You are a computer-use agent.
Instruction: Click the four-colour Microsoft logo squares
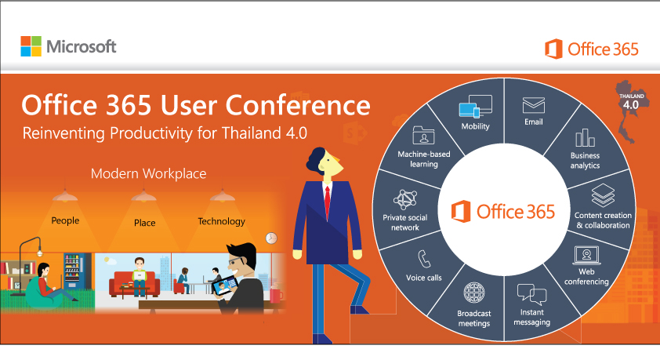[31, 46]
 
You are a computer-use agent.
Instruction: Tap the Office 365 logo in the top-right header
[592, 49]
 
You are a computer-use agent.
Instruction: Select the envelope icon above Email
[534, 104]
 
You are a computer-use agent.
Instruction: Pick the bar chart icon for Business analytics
[585, 138]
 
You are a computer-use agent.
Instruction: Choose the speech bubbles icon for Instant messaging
[531, 296]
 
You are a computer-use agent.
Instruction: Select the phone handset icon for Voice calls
[424, 258]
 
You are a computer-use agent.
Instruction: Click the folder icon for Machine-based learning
[422, 135]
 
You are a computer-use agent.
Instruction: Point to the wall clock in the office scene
[271, 238]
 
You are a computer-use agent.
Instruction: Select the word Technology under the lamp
[221, 221]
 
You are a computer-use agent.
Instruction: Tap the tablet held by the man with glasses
[226, 285]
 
